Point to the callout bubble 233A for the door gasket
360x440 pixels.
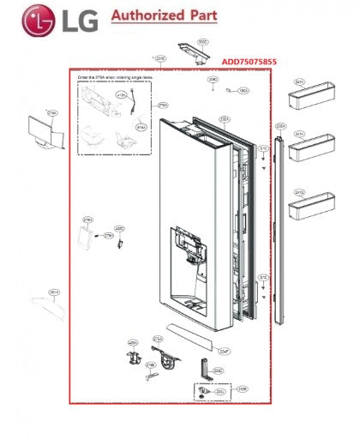tap(225, 121)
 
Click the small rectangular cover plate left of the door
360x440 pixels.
tap(87, 229)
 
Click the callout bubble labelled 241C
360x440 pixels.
tap(300, 193)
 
